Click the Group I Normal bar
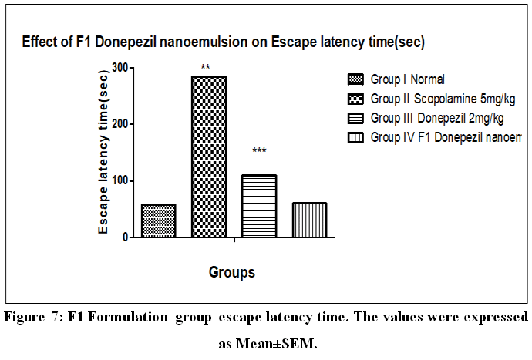click(x=158, y=220)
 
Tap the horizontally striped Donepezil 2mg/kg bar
click(x=259, y=206)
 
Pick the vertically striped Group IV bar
click(x=309, y=220)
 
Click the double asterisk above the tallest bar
click(x=206, y=68)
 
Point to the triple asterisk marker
click(x=259, y=150)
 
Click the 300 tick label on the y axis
click(x=118, y=67)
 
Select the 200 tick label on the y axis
click(x=118, y=124)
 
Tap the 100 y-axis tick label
click(x=118, y=181)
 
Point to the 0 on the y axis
click(x=123, y=237)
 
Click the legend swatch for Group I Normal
click(x=355, y=79)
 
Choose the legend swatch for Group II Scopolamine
click(x=355, y=99)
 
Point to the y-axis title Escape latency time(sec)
click(x=103, y=153)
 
